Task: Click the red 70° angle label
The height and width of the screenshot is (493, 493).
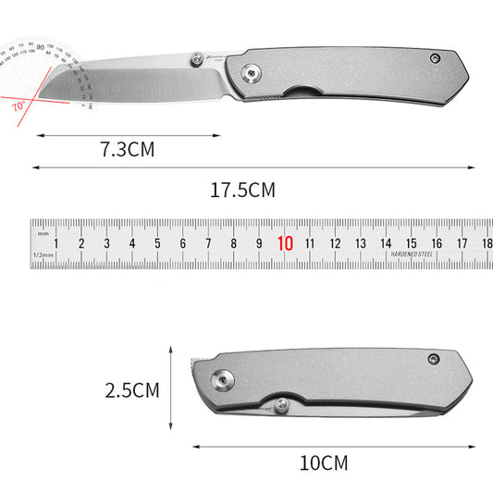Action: [18, 106]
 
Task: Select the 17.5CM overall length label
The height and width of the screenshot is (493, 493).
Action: [243, 191]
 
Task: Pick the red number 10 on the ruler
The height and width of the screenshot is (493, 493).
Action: [285, 244]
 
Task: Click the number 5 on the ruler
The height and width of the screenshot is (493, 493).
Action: [158, 244]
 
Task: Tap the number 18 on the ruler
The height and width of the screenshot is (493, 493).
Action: [487, 244]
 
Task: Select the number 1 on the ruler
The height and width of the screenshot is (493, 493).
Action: [57, 244]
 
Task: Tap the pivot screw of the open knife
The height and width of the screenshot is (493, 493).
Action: [251, 73]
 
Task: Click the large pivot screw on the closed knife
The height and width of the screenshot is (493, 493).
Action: [222, 378]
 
